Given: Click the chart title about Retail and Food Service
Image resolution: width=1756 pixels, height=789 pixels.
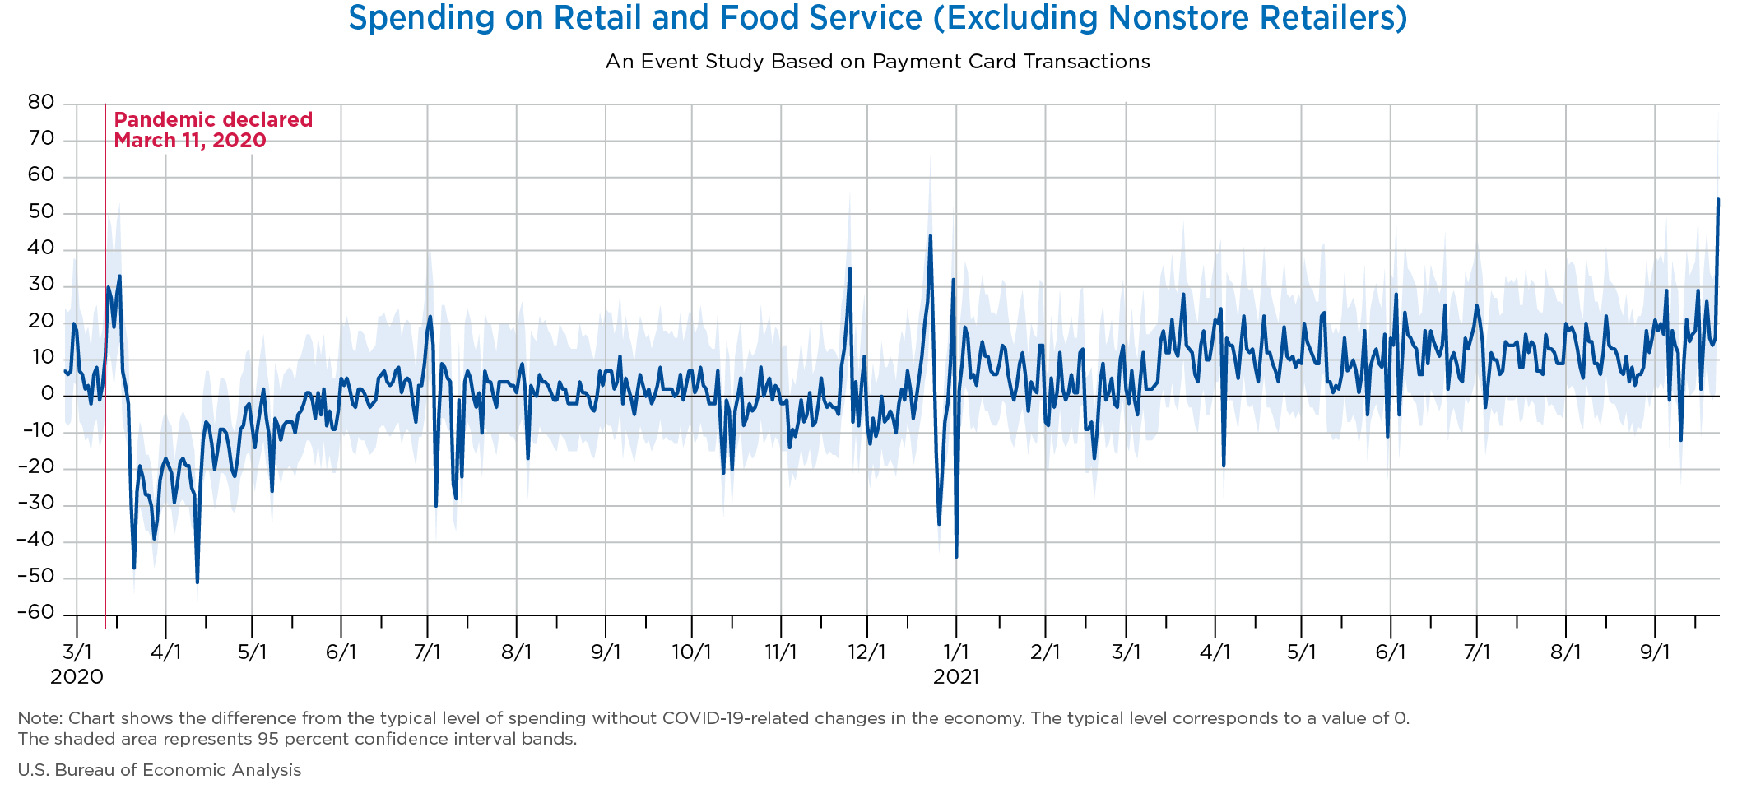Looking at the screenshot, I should tap(877, 18).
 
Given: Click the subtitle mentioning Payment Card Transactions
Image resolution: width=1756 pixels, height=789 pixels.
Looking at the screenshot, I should tap(877, 62).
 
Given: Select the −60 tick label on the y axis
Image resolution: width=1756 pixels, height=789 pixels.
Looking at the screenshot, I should tap(36, 613).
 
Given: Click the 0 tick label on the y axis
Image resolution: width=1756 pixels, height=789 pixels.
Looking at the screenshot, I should tap(48, 394).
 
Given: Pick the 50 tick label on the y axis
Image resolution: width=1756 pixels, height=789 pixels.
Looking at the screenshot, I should tap(41, 212).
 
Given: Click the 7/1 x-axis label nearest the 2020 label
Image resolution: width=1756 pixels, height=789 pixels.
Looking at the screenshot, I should tap(428, 652).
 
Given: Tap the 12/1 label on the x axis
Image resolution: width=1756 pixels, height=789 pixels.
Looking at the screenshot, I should tap(866, 652).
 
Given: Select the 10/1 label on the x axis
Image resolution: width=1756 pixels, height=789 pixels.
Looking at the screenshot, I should tap(691, 652).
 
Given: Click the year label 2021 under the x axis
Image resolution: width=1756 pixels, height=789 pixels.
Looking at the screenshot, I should tap(956, 677).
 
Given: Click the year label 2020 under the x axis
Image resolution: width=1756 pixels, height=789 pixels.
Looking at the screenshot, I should tap(77, 677).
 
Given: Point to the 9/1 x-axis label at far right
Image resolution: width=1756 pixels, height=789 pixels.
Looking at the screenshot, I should tap(1655, 652).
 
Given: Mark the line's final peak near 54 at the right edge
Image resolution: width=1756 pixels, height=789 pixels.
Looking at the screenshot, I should tap(1718, 199).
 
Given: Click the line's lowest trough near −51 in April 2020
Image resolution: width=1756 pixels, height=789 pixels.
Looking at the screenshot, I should tap(197, 582).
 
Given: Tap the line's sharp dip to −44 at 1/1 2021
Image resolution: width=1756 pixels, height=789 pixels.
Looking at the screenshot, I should tap(956, 556).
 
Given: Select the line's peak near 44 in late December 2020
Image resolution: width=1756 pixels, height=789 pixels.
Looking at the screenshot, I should tap(930, 236).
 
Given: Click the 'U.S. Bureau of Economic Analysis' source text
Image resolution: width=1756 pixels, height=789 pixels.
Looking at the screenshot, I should tap(160, 770).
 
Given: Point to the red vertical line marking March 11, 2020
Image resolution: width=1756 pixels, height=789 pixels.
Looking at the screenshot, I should tap(105, 370).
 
